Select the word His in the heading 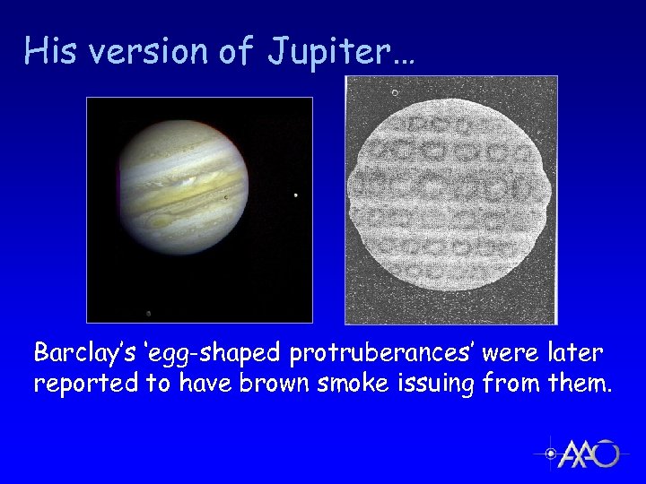coord(49,51)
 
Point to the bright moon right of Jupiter coord(296,195)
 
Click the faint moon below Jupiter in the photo coord(148,313)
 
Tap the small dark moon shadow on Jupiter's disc coord(225,199)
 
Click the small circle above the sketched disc coord(395,92)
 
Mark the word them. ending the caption coord(579,384)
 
